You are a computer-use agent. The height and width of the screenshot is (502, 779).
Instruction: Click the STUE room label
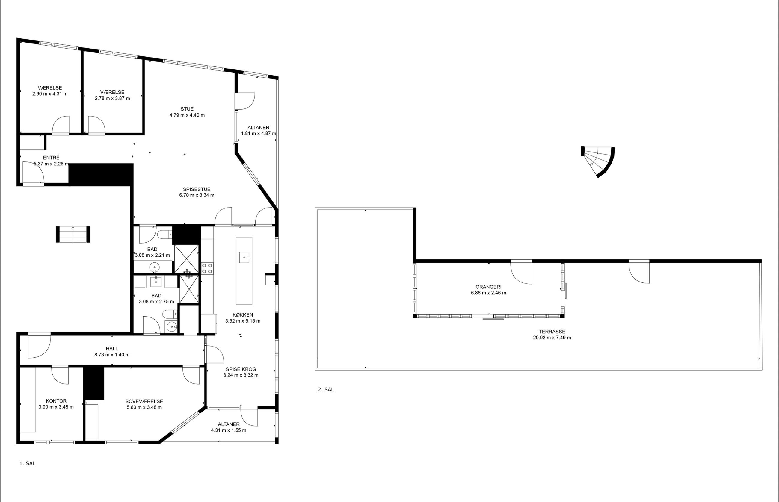tap(187, 109)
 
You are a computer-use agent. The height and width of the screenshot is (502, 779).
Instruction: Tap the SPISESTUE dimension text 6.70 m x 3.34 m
tap(197, 195)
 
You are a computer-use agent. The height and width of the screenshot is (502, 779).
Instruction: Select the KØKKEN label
tap(243, 315)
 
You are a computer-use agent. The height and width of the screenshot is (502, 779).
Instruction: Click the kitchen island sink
tap(244, 257)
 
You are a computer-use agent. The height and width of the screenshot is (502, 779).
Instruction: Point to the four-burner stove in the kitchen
tap(207, 268)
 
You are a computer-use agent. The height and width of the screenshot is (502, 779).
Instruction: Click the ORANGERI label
tap(488, 287)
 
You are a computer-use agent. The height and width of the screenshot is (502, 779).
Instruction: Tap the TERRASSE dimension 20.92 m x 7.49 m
tap(552, 338)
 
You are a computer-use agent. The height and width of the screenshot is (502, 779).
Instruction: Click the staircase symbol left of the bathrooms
tap(73, 234)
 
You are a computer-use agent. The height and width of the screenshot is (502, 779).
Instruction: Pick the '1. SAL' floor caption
tap(27, 463)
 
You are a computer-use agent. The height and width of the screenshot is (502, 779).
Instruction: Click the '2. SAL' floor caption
tap(326, 389)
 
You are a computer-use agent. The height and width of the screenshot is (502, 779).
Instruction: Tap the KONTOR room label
tap(56, 401)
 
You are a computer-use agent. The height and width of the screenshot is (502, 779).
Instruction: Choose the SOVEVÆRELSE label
tap(144, 401)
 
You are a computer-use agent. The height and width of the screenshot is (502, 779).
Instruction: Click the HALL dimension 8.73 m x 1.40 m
tap(112, 355)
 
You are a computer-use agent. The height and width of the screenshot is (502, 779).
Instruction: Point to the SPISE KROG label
tap(241, 369)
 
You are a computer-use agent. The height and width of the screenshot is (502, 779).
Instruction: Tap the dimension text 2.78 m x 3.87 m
tap(112, 98)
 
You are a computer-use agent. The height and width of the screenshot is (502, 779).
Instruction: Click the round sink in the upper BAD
tap(154, 267)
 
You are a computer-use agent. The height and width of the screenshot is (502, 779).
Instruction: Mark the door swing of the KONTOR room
tap(60, 375)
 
